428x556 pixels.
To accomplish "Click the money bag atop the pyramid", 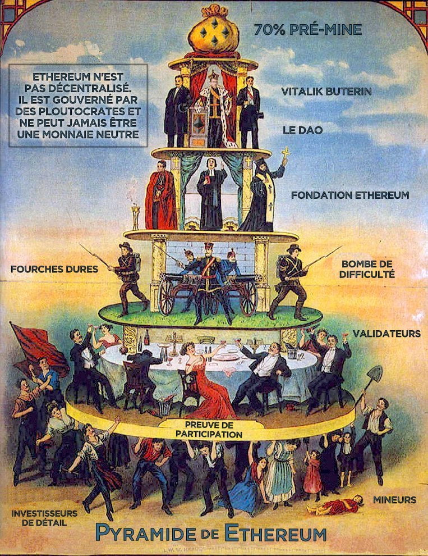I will (x=213, y=33).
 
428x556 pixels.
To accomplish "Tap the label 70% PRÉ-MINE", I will (x=307, y=30).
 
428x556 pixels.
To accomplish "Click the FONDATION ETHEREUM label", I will (x=350, y=195).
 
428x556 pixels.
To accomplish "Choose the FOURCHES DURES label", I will (x=54, y=269).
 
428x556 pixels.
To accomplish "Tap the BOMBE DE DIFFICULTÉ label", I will (x=368, y=269).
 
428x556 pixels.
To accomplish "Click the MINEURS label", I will (x=394, y=499).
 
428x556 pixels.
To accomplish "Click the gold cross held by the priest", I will (x=286, y=153).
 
